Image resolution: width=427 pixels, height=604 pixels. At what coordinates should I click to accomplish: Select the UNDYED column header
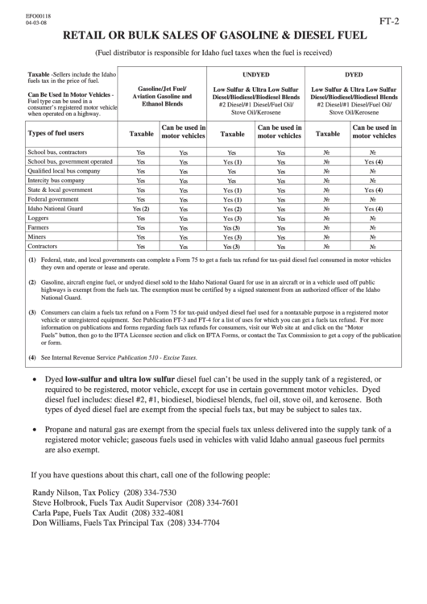pyautogui.click(x=255, y=73)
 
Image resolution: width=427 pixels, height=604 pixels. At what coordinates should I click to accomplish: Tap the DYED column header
pyautogui.click(x=354, y=73)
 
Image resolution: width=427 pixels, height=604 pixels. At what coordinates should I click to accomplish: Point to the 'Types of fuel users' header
pyautogui.click(x=56, y=133)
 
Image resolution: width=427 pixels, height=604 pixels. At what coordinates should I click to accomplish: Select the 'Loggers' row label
pyautogui.click(x=38, y=218)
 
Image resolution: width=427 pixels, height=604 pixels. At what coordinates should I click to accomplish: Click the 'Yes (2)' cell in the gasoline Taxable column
pyautogui.click(x=141, y=209)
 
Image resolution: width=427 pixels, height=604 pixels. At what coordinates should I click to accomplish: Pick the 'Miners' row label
pyautogui.click(x=37, y=236)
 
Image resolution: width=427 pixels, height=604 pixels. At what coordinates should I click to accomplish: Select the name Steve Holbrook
pyautogui.click(x=61, y=502)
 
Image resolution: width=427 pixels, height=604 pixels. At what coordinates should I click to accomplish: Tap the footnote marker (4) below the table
pyautogui.click(x=31, y=356)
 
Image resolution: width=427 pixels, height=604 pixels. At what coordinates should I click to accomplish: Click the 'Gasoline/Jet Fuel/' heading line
pyautogui.click(x=163, y=87)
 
